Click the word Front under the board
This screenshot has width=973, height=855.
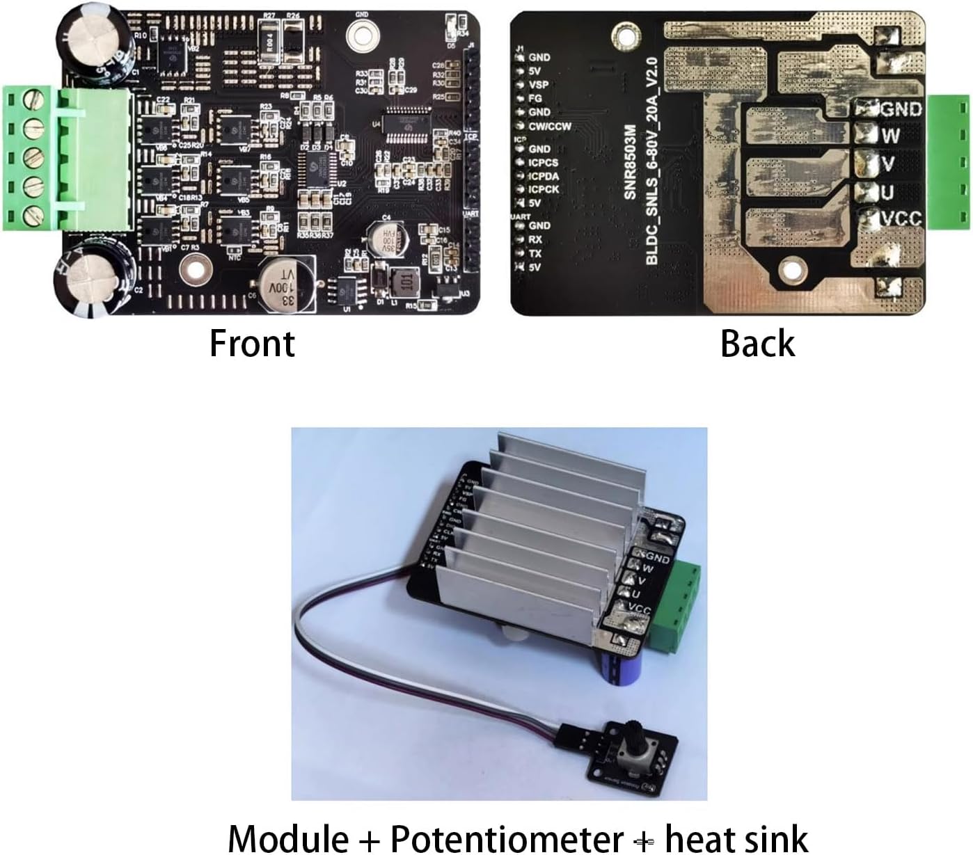point(252,343)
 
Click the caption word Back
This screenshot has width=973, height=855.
point(757,343)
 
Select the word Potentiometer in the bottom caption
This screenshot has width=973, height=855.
point(506,837)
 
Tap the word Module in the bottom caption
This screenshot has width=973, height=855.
point(288,837)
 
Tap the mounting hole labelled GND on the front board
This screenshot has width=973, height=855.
point(362,31)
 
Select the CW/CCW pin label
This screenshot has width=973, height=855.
point(550,127)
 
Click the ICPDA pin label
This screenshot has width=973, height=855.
point(543,176)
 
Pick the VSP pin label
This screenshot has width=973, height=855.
point(539,85)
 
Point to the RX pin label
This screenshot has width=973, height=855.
point(535,239)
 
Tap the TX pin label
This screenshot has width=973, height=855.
point(535,253)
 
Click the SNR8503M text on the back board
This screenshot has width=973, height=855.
point(630,162)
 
